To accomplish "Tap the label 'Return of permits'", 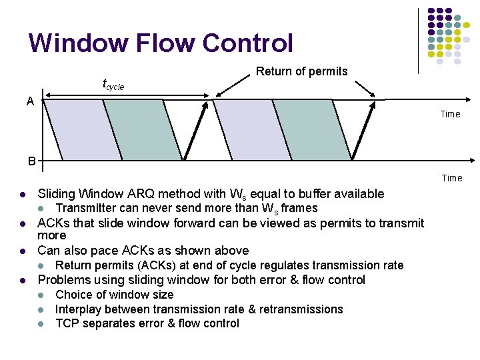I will [302, 71].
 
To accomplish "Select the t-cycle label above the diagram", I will [113, 85].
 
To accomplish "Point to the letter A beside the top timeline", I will [30, 101].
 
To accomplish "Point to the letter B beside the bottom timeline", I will [32, 161].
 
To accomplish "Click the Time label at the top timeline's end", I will [450, 114].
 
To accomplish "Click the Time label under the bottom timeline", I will [451, 178].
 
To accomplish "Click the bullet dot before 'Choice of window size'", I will [41, 295].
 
